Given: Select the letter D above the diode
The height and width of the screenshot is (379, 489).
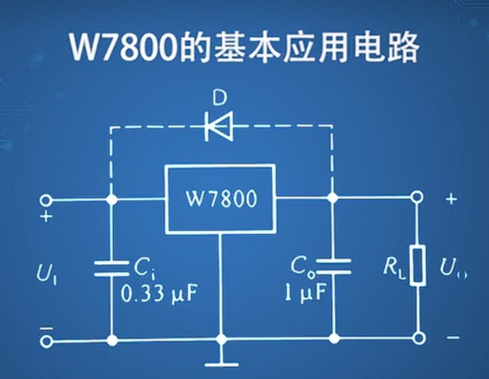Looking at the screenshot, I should pos(219,98).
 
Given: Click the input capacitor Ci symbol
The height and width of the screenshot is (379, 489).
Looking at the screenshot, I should pos(112,268).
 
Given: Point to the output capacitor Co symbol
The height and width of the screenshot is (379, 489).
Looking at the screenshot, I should pos(333,266).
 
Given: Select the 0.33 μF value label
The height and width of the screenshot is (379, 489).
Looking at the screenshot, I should pos(157,294).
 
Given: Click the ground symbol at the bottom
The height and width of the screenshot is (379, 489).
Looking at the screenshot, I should pos(221,362).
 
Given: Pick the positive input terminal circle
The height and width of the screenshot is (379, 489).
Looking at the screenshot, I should pos(45,201).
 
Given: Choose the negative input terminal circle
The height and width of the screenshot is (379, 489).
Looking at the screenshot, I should pos(45,342).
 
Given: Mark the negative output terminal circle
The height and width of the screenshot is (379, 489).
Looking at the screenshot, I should pos(417,337).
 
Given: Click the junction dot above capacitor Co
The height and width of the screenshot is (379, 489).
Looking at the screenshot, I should pos(333,198).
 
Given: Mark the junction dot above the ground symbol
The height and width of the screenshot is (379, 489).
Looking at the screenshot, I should pos(221,339).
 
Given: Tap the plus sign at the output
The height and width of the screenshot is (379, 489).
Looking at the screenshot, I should pos(451,199).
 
